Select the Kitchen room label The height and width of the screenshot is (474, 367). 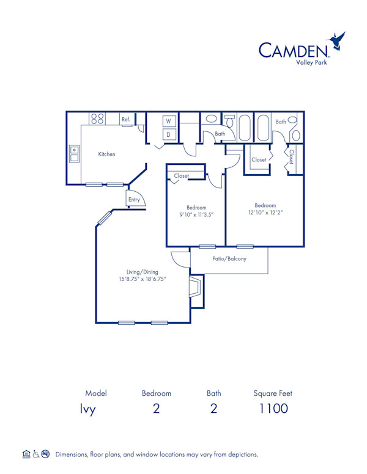point(107,155)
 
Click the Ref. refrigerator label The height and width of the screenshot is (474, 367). point(125,120)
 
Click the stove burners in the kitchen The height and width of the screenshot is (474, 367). point(98,119)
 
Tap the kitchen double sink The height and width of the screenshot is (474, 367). point(74,153)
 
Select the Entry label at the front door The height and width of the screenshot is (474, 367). point(134,200)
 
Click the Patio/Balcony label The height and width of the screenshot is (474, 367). point(229,259)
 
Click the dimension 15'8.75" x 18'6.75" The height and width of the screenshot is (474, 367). point(143,279)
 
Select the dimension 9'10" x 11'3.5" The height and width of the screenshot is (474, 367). point(196,215)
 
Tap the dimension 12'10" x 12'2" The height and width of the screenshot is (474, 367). point(265,213)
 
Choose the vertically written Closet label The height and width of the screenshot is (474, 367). point(291,157)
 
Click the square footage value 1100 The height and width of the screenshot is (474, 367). point(273,409)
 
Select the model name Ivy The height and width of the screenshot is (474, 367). point(88,409)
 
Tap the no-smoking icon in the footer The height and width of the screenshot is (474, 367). point(45,454)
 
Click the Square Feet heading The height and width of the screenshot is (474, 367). point(273,393)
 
